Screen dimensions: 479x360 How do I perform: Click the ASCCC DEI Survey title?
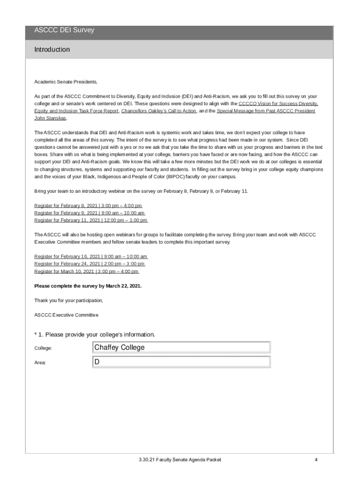(x=64, y=30)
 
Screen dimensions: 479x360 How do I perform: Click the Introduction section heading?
(x=52, y=50)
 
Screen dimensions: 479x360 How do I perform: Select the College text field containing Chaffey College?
(x=182, y=348)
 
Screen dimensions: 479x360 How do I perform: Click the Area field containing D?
(x=182, y=362)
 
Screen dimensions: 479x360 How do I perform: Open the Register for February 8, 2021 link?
(x=88, y=206)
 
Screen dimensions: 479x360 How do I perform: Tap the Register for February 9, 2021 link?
(x=89, y=213)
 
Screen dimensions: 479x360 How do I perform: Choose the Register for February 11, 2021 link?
(x=91, y=220)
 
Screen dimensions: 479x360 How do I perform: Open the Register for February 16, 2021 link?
(x=91, y=257)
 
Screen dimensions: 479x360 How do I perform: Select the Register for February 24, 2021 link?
(x=89, y=264)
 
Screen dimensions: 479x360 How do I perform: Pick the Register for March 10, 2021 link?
(x=86, y=271)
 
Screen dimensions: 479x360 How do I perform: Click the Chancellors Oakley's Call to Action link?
(x=158, y=111)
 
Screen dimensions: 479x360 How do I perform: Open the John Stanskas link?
(x=50, y=118)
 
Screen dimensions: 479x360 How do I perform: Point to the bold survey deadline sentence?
(x=87, y=286)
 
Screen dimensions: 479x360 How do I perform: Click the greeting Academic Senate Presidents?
(x=66, y=82)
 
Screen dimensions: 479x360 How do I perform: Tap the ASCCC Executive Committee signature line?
(x=66, y=315)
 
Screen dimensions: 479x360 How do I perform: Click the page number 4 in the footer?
(x=316, y=460)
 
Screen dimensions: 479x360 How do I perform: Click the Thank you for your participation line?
(x=69, y=300)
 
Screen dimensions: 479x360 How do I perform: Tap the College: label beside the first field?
(x=43, y=348)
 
